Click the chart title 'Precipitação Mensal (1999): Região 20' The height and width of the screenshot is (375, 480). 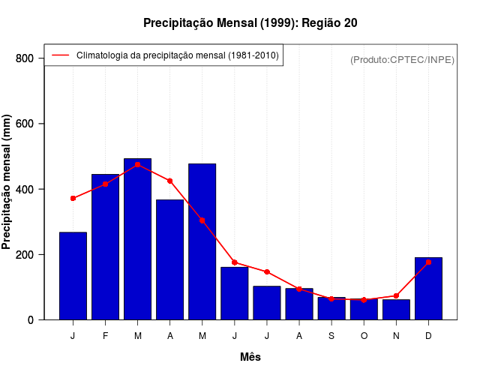pos(250,23)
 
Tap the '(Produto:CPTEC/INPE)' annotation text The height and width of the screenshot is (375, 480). pos(402,59)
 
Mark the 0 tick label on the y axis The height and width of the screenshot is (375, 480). pos(30,319)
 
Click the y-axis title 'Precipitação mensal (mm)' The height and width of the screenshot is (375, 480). pos(7,182)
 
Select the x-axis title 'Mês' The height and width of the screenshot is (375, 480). pos(250,357)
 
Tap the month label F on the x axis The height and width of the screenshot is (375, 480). pos(105,336)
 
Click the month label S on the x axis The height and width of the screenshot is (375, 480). pos(331,336)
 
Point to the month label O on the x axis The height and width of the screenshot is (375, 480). pos(364,336)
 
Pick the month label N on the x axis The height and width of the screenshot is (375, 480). pos(396,336)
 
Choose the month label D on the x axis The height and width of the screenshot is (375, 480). pos(428,336)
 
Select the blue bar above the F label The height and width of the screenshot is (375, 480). pos(105,247)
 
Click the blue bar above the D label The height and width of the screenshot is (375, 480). pos(428,289)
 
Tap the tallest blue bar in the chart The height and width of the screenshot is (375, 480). pos(137,240)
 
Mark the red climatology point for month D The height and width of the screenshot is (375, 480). pos(428,262)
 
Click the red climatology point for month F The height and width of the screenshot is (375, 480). pos(105,184)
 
